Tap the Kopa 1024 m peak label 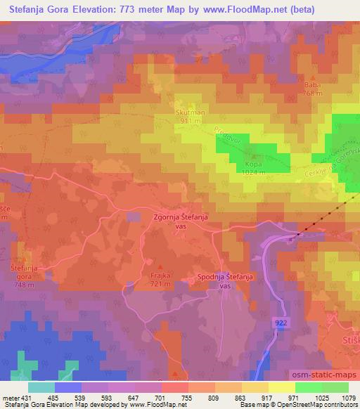coord(252,168)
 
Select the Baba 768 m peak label coord(311,89)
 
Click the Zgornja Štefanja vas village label coord(181,222)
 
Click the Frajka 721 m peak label coord(162,279)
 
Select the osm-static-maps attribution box coord(322,373)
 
